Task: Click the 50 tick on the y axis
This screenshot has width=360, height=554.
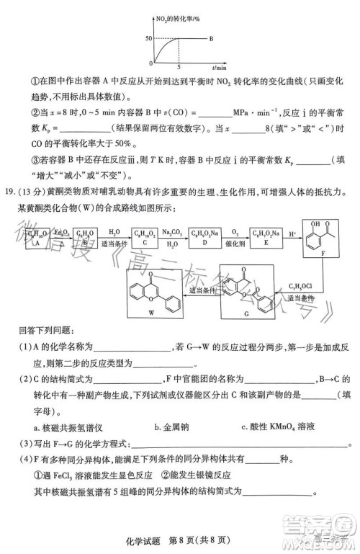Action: (148, 37)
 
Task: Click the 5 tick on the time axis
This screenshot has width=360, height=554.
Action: (178, 66)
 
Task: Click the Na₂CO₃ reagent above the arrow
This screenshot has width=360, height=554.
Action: (170, 231)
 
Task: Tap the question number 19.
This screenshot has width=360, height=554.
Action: (9, 192)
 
